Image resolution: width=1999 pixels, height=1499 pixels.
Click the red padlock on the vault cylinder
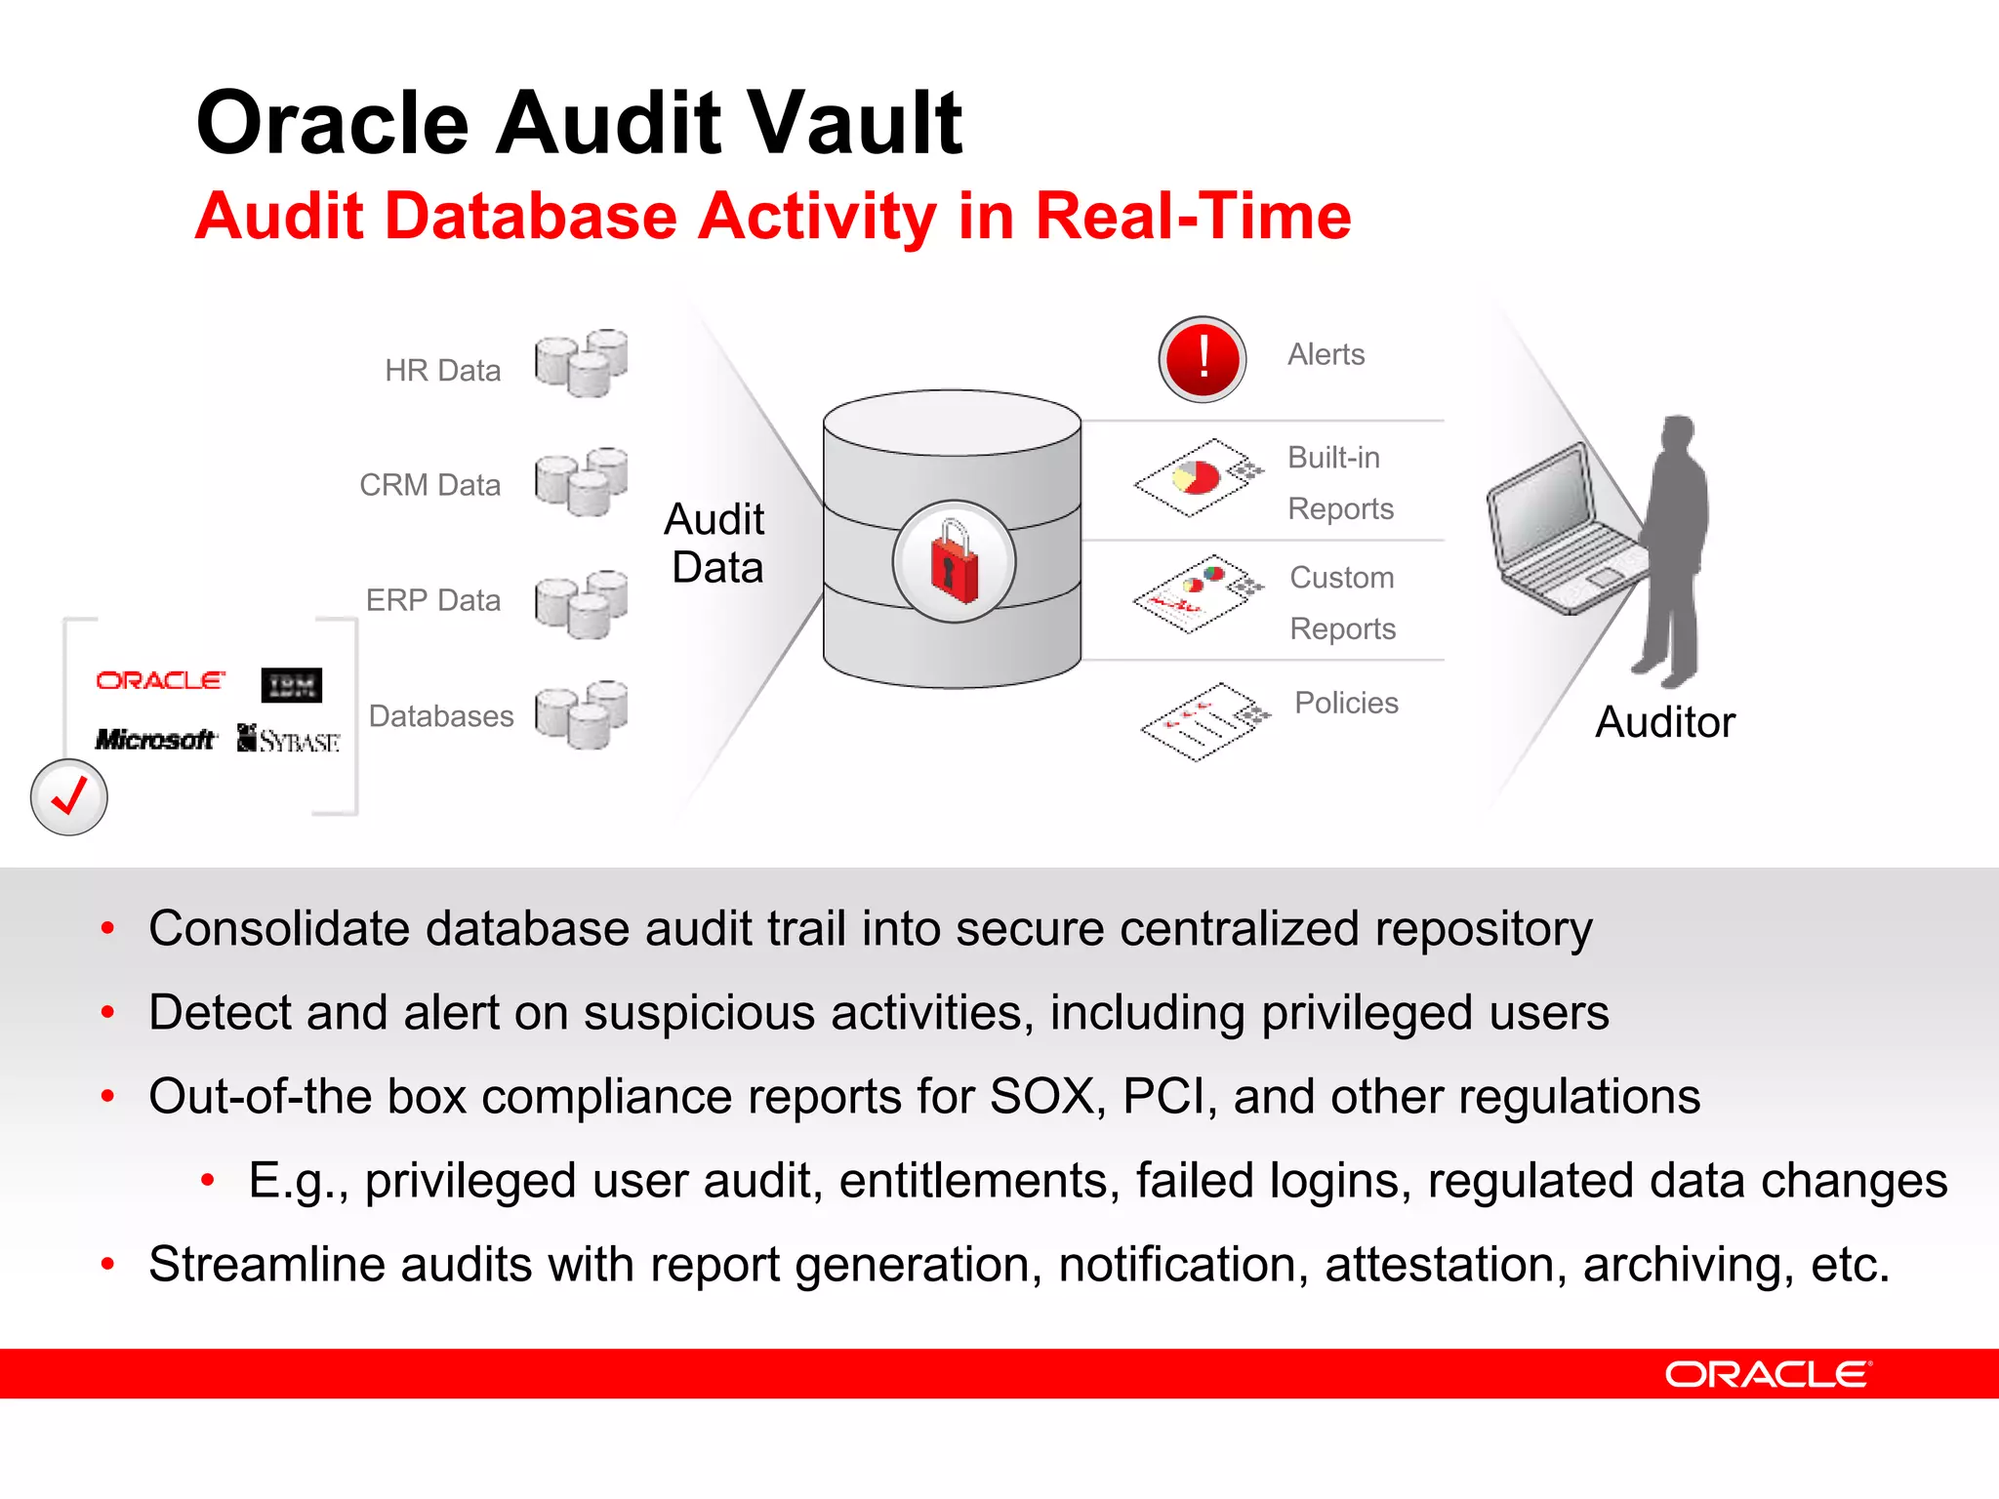954,562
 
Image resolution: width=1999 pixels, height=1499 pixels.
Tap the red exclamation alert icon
1203,359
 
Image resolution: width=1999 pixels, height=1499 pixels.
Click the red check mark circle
69,797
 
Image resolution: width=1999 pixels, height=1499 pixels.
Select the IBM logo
291,685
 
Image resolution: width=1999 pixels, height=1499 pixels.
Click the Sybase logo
289,740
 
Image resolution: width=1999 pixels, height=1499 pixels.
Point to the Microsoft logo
155,740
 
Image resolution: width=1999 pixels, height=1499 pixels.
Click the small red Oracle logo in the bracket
160,680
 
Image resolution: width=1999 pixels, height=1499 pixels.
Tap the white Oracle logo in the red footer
1768,1374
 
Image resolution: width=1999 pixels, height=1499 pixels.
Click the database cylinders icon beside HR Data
582,363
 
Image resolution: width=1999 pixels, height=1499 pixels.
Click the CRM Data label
429,485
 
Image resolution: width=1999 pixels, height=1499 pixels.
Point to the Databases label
441,716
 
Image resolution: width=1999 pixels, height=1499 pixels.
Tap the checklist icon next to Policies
1204,721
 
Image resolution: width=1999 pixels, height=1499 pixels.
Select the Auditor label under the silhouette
1665,723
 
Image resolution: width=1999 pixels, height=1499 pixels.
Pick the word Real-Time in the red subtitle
1193,216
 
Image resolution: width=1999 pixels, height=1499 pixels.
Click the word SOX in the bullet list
1041,1096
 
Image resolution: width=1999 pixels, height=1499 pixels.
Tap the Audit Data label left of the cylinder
715,544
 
